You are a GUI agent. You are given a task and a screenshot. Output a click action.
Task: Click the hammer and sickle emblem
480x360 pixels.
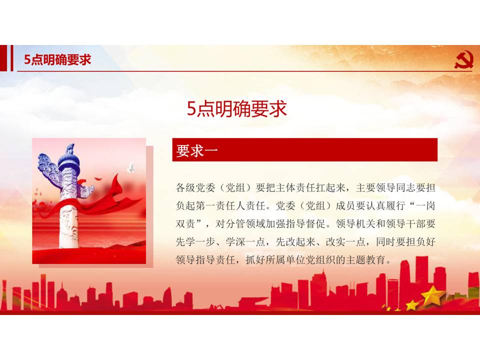463,60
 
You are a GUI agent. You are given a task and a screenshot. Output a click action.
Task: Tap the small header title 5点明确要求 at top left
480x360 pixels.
57,59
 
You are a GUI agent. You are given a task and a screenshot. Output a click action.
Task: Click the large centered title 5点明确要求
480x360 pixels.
236,108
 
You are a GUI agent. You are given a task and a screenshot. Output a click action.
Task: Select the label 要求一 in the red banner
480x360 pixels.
196,150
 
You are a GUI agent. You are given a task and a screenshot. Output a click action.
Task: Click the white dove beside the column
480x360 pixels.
131,167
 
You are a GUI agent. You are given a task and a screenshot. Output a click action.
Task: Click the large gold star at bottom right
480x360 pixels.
432,295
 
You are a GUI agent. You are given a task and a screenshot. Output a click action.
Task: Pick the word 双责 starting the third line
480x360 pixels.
185,223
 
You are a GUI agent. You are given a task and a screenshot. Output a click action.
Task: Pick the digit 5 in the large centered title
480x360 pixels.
191,109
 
